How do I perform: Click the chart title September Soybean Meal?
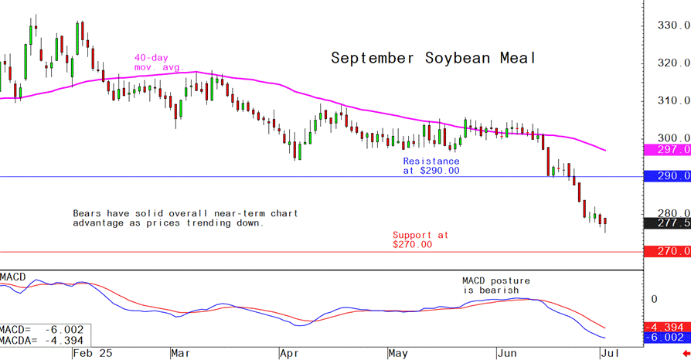point(433,59)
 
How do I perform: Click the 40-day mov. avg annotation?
point(156,63)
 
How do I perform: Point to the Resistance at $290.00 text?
point(431,166)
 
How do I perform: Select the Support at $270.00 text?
point(420,239)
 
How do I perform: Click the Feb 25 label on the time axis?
point(92,352)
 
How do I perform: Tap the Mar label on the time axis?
point(181,352)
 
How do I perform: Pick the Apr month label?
point(288,352)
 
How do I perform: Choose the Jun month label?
point(506,352)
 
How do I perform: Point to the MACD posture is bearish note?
point(496,285)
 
